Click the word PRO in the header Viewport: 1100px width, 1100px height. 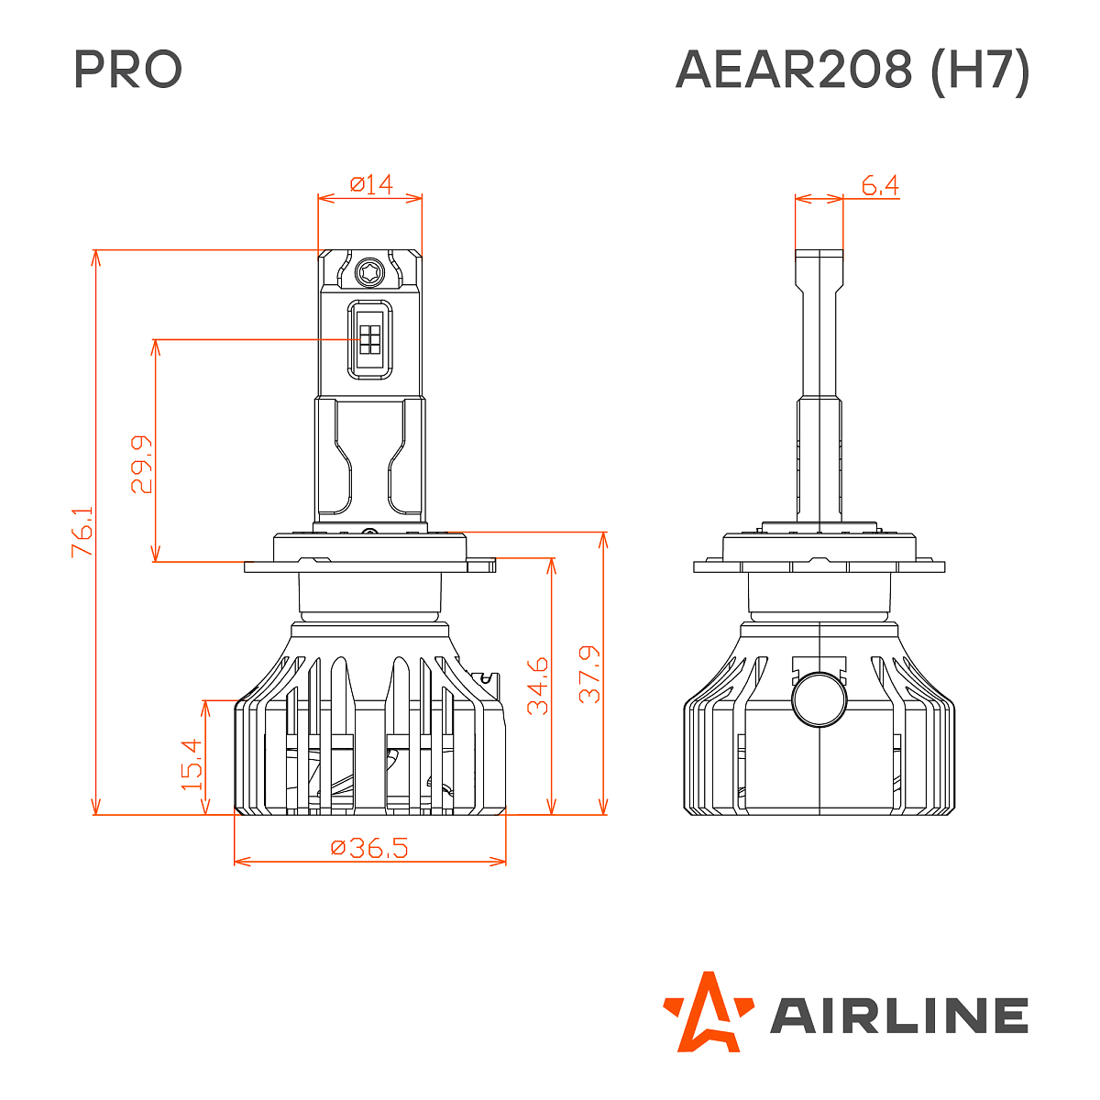(x=128, y=70)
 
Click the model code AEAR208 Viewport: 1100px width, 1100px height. (x=794, y=70)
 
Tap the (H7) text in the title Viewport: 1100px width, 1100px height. (x=980, y=70)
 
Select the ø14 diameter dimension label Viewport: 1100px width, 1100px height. (x=371, y=184)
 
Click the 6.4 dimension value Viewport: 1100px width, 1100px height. (x=880, y=186)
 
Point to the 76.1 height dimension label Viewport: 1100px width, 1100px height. (x=82, y=532)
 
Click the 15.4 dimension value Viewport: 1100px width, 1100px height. (x=192, y=764)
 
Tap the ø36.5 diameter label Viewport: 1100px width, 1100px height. (x=369, y=848)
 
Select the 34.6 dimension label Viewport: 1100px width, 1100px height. (x=538, y=685)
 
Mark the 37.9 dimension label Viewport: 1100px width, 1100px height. (x=590, y=674)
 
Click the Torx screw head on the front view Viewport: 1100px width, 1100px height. (x=371, y=271)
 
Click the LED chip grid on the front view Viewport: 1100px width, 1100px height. (x=370, y=339)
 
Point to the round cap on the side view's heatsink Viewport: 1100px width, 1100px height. (x=818, y=698)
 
